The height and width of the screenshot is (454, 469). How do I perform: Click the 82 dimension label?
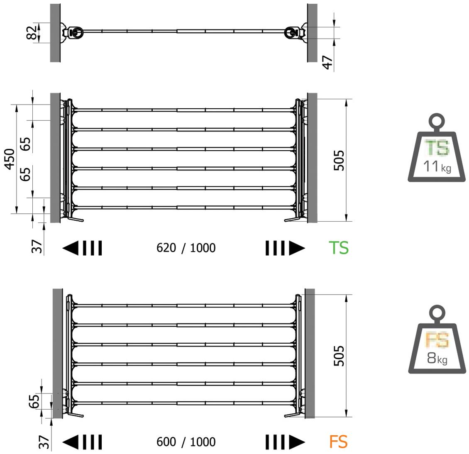tap(32, 32)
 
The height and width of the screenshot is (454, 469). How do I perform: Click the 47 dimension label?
tap(327, 62)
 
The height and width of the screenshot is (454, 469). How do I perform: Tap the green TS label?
tap(339, 248)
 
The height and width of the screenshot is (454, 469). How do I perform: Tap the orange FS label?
tap(338, 442)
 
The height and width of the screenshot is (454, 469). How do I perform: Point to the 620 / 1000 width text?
tap(186, 248)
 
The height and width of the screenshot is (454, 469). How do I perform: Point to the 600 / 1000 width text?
tap(186, 442)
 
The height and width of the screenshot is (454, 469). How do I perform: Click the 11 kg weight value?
tap(437, 166)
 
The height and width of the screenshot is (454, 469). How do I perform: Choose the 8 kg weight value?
tap(437, 358)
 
